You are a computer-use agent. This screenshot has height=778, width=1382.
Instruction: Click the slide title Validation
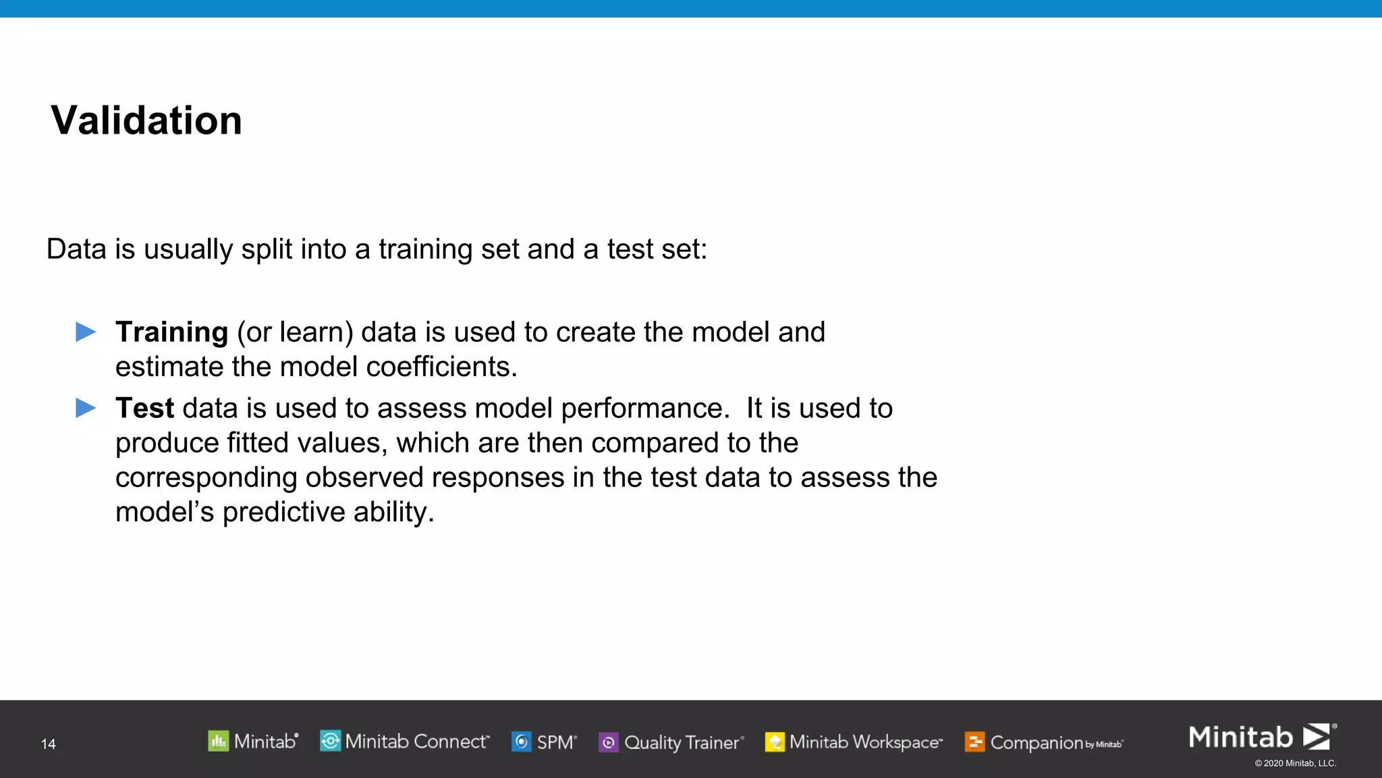coord(146,121)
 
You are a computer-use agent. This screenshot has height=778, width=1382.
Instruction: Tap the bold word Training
coord(171,332)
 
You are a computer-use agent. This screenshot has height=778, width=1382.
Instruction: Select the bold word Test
coord(144,409)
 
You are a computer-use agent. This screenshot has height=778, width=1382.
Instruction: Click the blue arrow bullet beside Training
coord(86,332)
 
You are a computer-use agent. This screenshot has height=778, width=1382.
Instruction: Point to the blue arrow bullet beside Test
coord(86,408)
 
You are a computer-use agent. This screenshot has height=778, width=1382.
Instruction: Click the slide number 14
coord(48,744)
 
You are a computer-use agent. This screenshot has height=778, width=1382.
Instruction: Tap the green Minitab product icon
coord(218,742)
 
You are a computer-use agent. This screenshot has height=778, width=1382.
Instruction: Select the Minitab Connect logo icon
coord(330,741)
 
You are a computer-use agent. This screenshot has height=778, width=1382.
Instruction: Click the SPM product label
coord(555,742)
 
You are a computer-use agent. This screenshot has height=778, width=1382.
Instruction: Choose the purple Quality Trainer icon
coord(608,742)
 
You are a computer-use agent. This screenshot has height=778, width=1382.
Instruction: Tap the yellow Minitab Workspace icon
coord(775,742)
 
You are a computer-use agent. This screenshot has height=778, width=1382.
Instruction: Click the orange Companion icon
coord(974,742)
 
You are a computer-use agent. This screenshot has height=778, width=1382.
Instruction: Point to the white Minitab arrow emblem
coord(1316,736)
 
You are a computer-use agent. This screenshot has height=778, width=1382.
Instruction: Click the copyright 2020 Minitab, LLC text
coord(1295,763)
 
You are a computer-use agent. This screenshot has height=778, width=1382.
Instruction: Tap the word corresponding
coord(206,478)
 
